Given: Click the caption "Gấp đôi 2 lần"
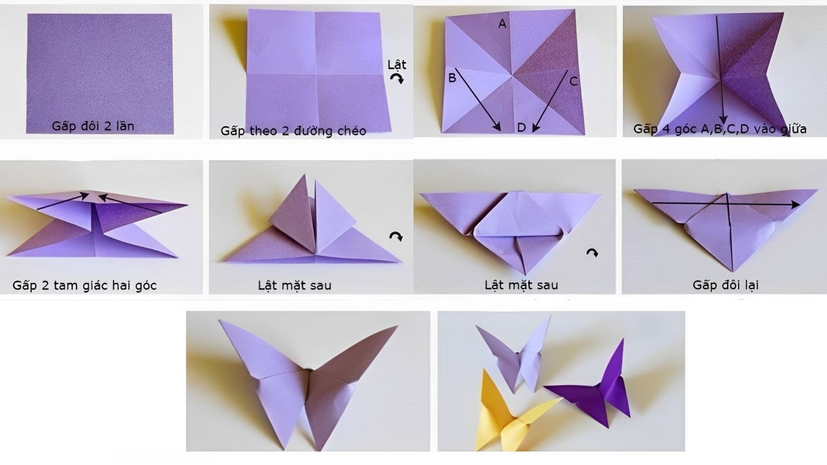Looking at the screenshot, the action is [93, 126].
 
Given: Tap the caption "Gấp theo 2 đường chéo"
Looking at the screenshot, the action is [293, 131].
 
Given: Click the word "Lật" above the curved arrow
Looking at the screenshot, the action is [396, 65].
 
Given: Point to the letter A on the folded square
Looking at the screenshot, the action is [502, 24].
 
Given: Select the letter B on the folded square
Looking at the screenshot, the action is [452, 78].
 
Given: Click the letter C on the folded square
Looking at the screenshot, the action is [573, 81].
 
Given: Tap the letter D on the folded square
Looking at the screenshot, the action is [521, 128].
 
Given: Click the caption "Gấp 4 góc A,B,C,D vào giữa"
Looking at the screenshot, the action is [720, 129].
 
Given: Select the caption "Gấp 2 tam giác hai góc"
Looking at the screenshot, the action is [85, 285].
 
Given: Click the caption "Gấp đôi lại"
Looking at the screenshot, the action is [725, 285].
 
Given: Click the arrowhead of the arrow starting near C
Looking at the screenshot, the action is [534, 129].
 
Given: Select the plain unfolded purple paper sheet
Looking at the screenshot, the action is [99, 74].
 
